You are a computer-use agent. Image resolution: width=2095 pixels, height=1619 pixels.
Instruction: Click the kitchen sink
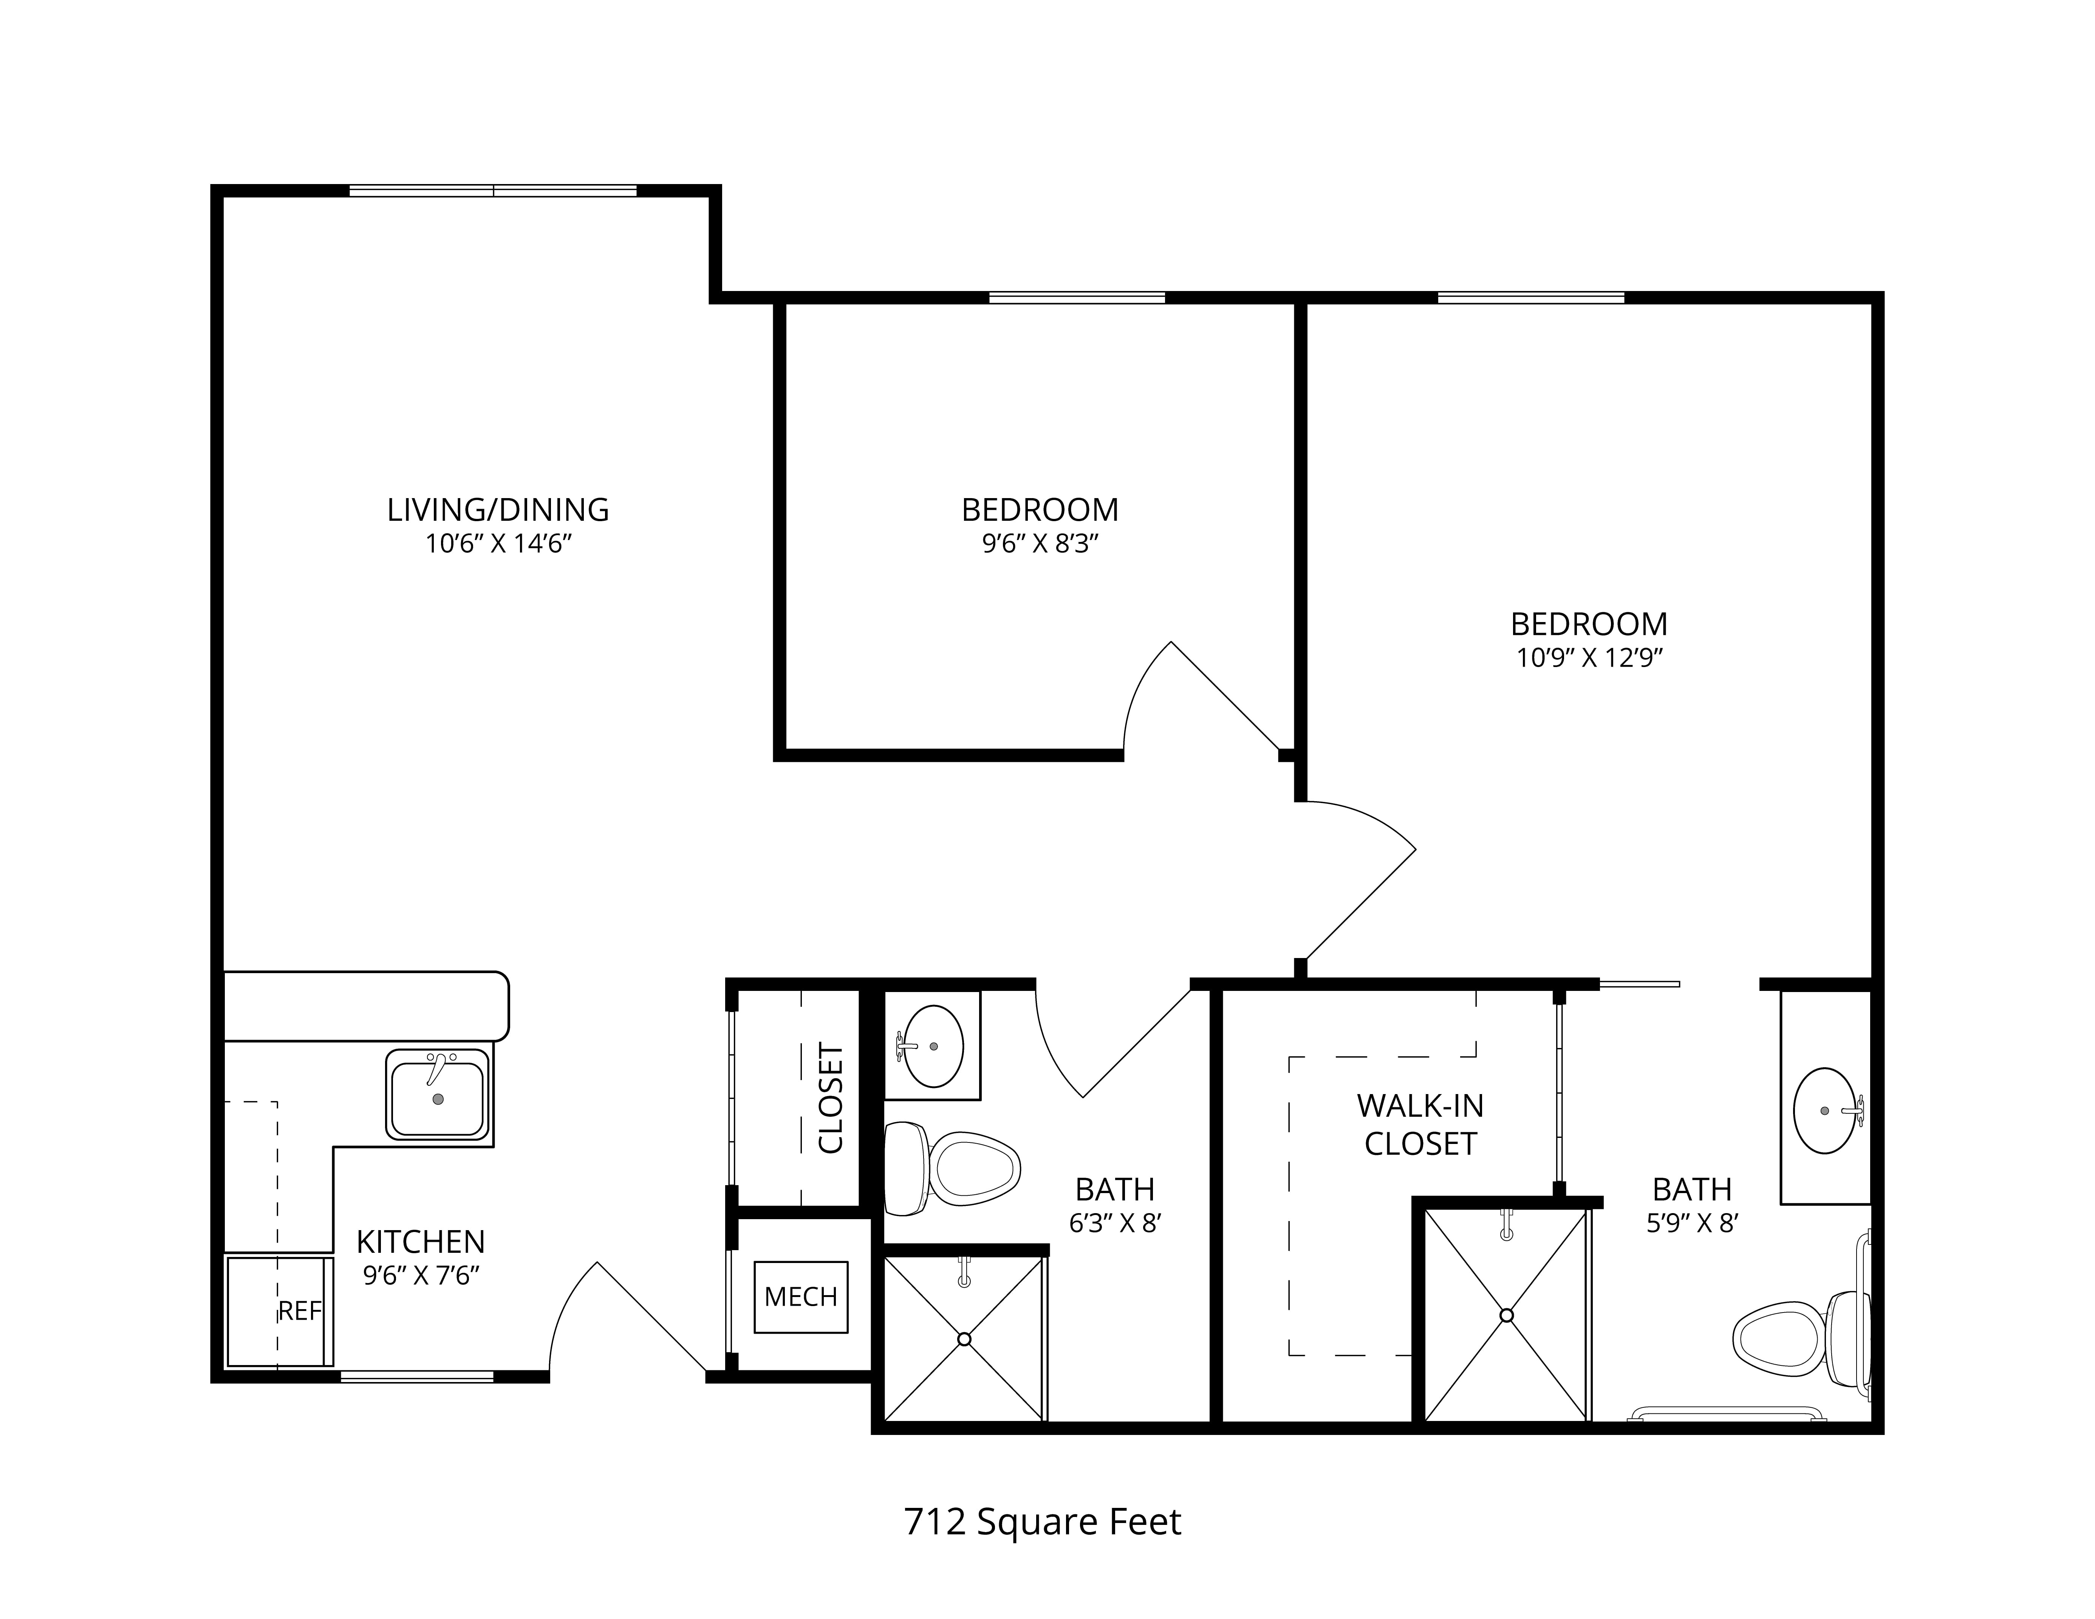tap(438, 1094)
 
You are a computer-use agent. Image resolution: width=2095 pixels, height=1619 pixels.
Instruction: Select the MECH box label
tap(801, 1297)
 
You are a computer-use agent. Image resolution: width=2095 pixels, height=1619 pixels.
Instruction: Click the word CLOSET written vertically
tap(831, 1098)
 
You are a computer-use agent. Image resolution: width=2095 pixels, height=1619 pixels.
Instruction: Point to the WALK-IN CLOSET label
tap(1420, 1124)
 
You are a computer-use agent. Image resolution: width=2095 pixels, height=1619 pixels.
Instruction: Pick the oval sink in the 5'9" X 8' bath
tap(1827, 1111)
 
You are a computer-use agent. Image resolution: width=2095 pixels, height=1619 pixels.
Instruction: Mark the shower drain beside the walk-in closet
tap(1506, 1315)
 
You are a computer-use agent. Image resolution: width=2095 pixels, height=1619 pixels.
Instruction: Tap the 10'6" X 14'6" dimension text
tap(499, 544)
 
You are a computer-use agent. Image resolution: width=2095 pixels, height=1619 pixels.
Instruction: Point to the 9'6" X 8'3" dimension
tap(1040, 544)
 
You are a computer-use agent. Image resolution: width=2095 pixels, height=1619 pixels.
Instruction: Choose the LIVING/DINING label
tap(498, 509)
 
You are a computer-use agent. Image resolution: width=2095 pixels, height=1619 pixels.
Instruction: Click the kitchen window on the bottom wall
tap(417, 1376)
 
